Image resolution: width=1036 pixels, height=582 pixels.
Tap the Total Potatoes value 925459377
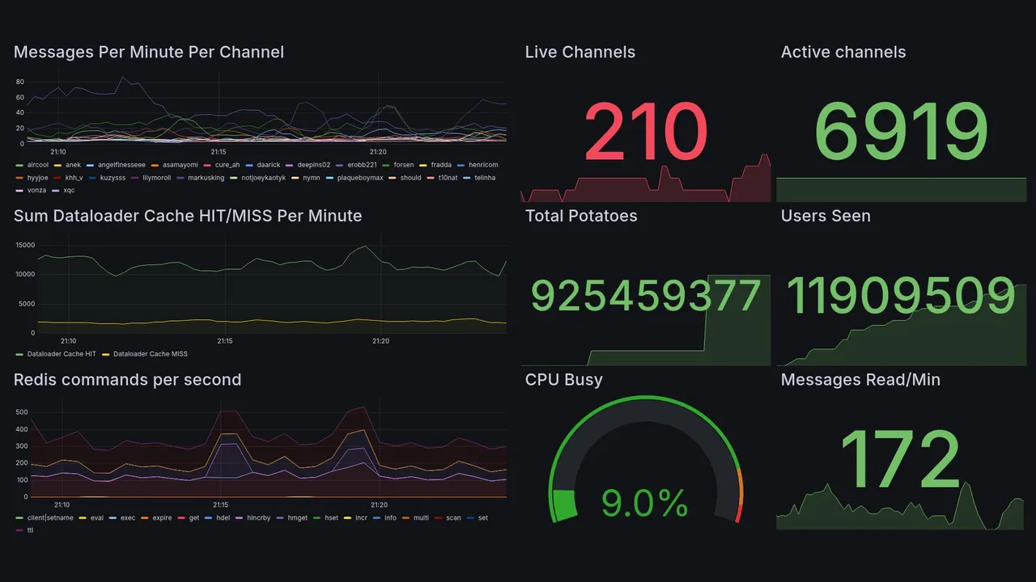pyautogui.click(x=645, y=297)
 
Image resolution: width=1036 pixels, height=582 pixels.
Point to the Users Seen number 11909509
pyautogui.click(x=901, y=297)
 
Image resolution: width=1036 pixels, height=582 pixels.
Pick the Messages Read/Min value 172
pyautogui.click(x=901, y=460)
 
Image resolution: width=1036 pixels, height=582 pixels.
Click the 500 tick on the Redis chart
pyautogui.click(x=22, y=412)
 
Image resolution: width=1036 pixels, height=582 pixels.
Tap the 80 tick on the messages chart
pyautogui.click(x=20, y=82)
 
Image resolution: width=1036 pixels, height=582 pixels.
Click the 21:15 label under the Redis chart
pyautogui.click(x=220, y=505)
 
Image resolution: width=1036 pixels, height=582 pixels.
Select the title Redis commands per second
pyautogui.click(x=127, y=380)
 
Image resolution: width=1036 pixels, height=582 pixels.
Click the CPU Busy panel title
pyautogui.click(x=563, y=380)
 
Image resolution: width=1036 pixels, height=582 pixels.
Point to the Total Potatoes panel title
pyautogui.click(x=580, y=216)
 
